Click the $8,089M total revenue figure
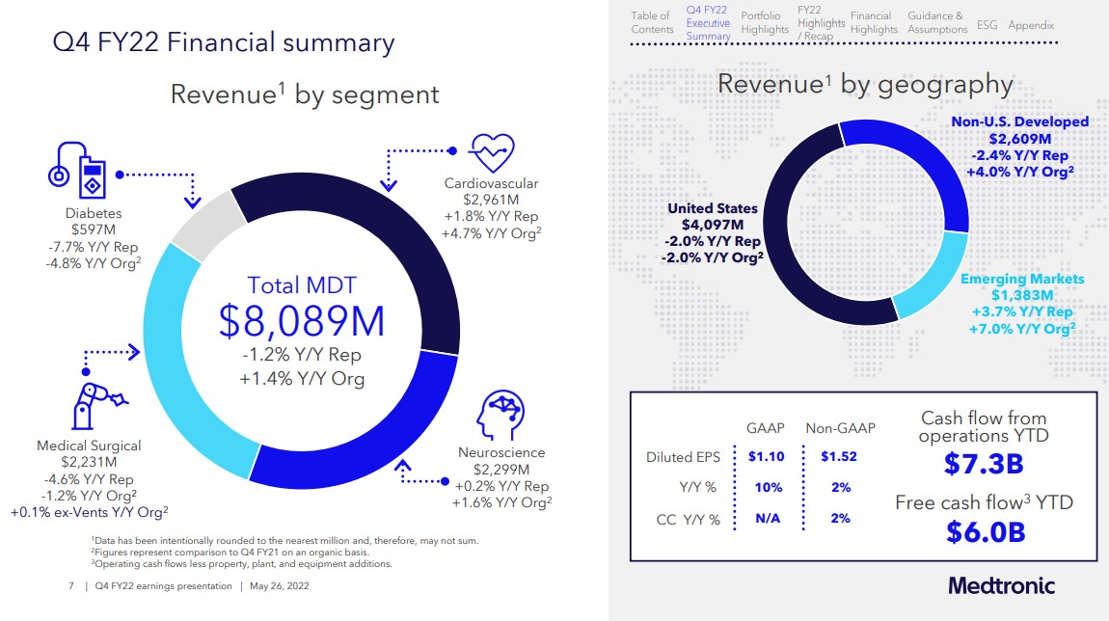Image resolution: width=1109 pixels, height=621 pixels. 302,321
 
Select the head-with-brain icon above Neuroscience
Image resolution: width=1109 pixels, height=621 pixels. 499,417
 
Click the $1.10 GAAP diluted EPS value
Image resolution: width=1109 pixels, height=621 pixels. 767,456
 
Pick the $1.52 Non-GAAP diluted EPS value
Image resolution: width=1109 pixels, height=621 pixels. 839,456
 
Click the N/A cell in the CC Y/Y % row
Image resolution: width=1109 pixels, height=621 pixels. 767,519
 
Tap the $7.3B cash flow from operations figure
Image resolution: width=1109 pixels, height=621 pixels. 983,465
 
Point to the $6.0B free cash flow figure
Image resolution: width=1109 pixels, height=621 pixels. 983,531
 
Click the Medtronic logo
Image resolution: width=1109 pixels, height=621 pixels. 1001,585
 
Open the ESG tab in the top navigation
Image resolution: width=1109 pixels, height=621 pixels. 987,25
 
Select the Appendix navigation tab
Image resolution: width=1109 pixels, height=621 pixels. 1031,25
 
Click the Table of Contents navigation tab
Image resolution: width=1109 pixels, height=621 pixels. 652,22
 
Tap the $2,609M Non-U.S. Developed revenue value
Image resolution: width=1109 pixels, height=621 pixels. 1019,138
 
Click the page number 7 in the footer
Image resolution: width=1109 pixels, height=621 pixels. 71,585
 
